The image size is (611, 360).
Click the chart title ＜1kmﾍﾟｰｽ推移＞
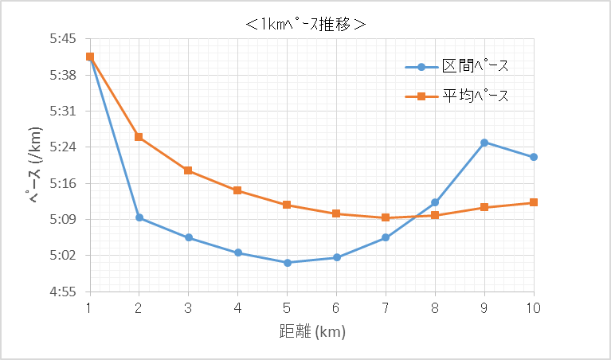306,24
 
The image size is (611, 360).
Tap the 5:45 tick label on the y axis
61,38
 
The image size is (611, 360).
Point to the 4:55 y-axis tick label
61,292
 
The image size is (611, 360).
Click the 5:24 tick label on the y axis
61,147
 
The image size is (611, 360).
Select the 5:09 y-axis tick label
61,219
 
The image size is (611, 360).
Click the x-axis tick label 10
534,308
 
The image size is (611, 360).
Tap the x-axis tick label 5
287,308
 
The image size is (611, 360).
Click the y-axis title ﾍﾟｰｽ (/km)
36,165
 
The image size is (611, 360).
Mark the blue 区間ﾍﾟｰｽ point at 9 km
484,143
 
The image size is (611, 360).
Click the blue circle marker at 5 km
287,262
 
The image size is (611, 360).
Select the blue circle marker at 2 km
139,217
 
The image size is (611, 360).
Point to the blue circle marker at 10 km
534,157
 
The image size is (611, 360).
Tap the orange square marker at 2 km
139,137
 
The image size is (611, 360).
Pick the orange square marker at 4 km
237,190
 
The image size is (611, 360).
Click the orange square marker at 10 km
534,202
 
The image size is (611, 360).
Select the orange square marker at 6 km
336,213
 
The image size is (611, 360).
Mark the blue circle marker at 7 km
386,237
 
